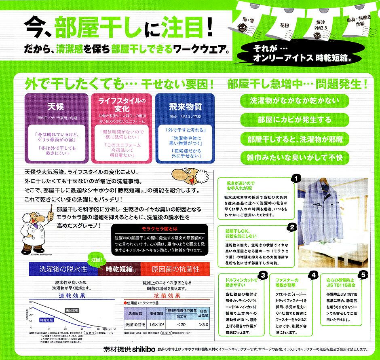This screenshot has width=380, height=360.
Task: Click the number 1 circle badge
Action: tap(296, 178)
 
